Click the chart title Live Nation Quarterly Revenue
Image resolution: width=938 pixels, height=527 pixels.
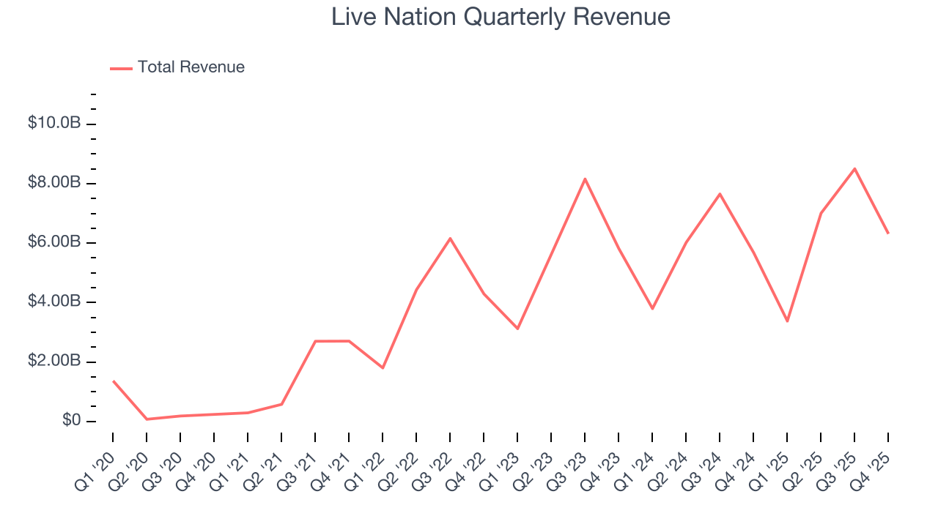501,16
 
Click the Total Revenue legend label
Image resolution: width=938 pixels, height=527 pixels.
191,67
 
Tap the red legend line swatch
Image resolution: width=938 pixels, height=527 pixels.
121,68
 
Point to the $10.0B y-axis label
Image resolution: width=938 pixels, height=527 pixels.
54,123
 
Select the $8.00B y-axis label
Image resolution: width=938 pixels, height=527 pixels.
54,182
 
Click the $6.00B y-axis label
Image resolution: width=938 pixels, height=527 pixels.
54,242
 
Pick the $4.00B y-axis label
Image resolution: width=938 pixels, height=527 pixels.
54,302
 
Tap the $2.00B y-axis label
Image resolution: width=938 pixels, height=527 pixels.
54,362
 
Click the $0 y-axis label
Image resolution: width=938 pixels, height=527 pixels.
71,421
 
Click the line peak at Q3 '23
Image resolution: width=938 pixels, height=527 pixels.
585,179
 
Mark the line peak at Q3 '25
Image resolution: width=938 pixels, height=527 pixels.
854,169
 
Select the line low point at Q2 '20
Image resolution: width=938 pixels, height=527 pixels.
147,419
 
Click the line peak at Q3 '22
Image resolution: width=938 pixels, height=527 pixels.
450,238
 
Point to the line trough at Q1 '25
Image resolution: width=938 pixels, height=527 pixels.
787,321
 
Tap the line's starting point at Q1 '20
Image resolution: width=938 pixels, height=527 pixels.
113,381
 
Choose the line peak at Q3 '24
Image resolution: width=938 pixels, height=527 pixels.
720,194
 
